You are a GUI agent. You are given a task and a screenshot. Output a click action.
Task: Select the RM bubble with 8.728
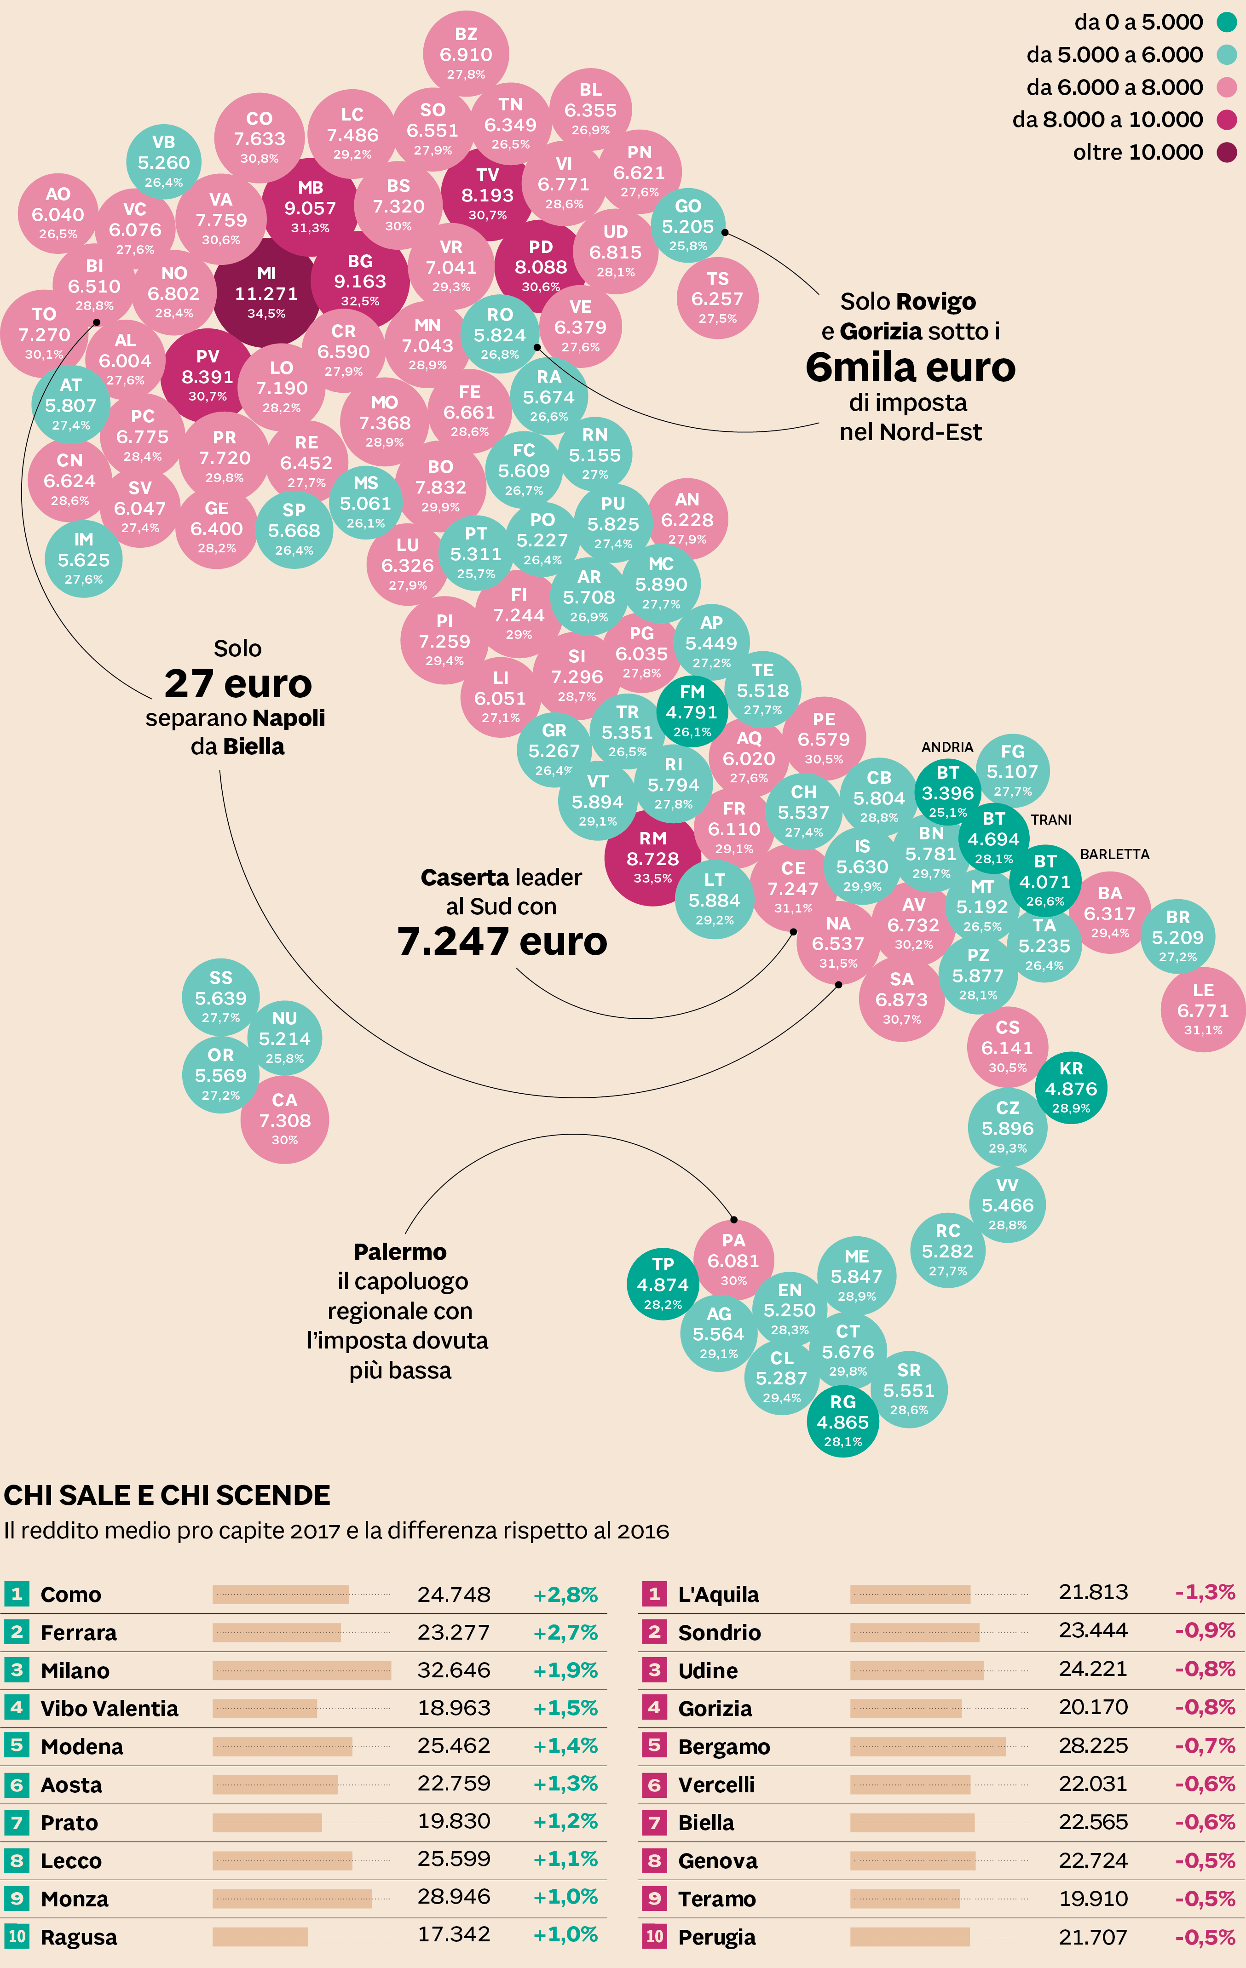(x=652, y=857)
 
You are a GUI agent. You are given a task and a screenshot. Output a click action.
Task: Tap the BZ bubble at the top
(x=466, y=53)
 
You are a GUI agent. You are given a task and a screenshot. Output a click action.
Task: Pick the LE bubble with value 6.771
(x=1203, y=1010)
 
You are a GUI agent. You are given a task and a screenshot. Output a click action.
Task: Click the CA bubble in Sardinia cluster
(x=284, y=1119)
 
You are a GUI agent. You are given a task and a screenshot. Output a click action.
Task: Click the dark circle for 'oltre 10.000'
(x=1226, y=152)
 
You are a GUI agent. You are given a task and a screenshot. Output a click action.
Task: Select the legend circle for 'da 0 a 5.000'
(x=1226, y=22)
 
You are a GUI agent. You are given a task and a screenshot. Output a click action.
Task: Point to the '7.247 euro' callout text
(x=502, y=941)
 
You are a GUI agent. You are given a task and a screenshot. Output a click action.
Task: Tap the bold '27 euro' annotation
(x=238, y=683)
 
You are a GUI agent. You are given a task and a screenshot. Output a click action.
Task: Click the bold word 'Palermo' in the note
(x=400, y=1251)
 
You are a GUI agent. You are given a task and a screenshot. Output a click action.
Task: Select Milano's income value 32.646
(x=454, y=1670)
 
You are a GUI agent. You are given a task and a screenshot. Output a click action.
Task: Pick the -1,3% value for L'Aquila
(x=1204, y=1592)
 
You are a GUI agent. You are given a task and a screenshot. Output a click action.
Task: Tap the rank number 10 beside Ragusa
(x=17, y=1935)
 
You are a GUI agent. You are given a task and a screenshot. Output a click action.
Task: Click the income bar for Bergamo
(x=927, y=1746)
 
